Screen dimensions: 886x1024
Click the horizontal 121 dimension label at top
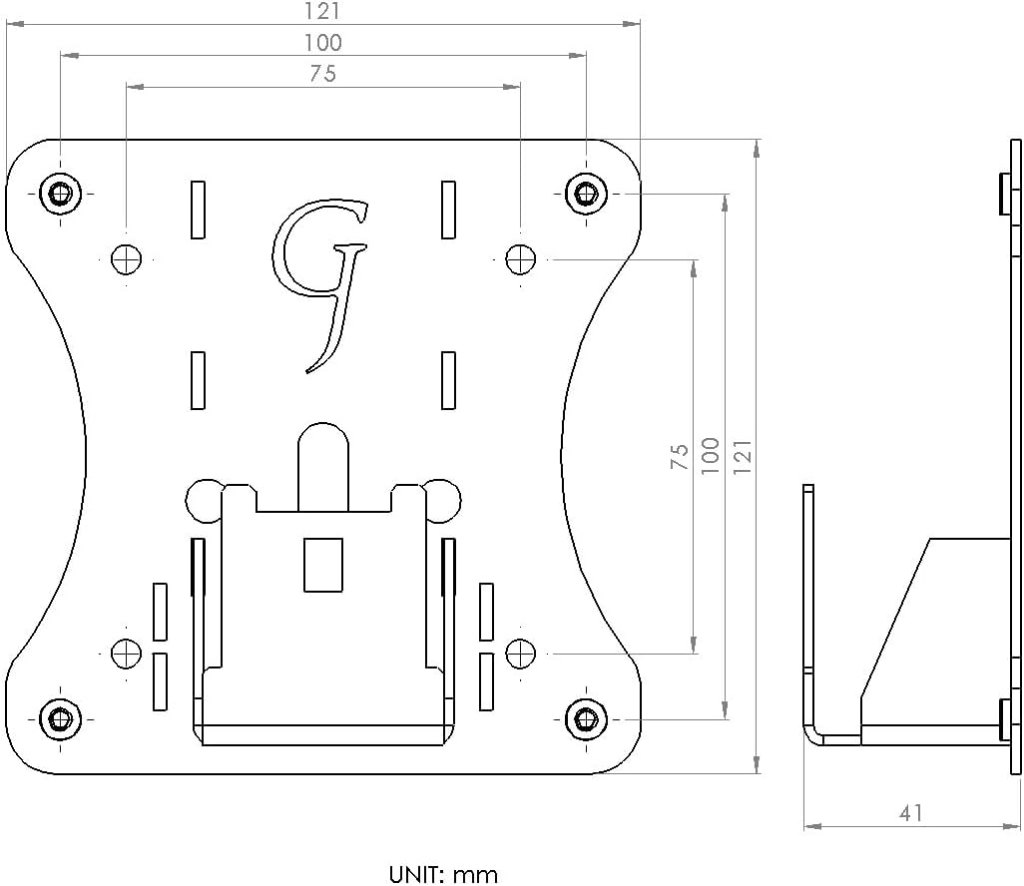point(322,11)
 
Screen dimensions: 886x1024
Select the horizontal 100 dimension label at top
point(322,43)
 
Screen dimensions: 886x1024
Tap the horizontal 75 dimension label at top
point(322,74)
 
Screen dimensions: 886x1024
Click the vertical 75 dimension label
point(680,457)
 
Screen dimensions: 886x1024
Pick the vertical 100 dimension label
point(710,456)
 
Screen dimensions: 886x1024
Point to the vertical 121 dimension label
point(742,456)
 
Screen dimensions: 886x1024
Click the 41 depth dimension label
point(910,813)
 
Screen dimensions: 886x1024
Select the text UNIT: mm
point(443,874)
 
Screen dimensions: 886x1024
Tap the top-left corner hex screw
point(61,193)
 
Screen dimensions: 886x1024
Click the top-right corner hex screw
point(586,193)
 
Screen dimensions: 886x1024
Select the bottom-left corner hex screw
point(61,716)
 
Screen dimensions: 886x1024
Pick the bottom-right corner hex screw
point(586,716)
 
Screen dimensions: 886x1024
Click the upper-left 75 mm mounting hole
point(127,258)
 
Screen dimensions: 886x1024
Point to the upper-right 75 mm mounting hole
point(520,258)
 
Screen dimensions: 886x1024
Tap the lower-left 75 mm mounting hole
point(127,653)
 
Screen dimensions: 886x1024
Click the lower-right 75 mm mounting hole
point(520,653)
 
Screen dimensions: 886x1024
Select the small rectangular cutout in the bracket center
point(322,564)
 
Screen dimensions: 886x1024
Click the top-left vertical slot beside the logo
point(198,210)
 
